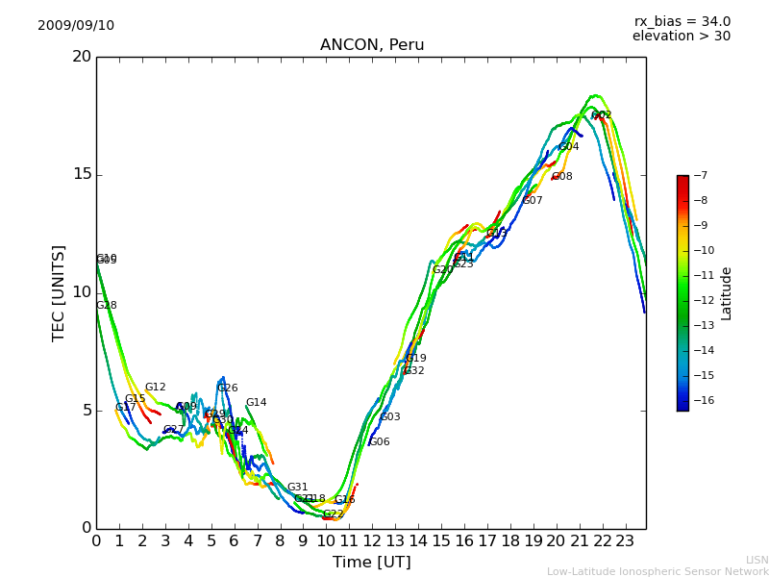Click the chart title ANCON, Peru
tap(372, 45)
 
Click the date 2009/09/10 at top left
tap(76, 26)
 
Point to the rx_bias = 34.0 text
tap(682, 22)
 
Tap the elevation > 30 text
tap(681, 37)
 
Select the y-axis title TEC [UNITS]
tap(60, 292)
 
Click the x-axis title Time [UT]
tap(371, 563)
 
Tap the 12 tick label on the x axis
tap(372, 540)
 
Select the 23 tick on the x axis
tap(625, 540)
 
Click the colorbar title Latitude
tap(727, 293)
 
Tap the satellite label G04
tap(569, 147)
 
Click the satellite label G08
tap(562, 177)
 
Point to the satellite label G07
tap(533, 201)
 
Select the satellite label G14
tap(256, 403)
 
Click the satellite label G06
tap(380, 442)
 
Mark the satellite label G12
tap(156, 388)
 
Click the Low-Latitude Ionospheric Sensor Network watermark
tap(657, 571)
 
